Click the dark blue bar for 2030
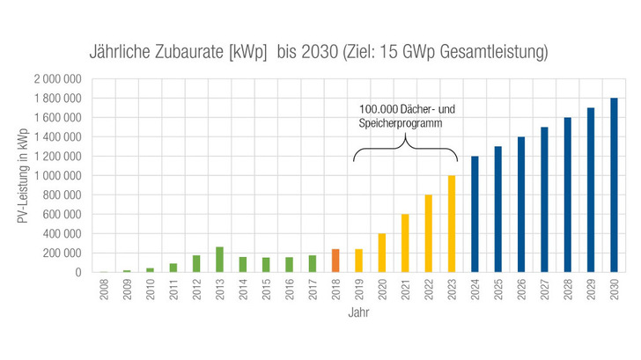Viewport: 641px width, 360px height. [614, 185]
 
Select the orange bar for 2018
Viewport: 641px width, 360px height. [335, 261]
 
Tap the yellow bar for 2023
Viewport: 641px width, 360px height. [452, 224]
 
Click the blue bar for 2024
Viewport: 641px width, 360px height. [475, 214]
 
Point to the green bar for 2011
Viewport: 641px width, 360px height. [173, 268]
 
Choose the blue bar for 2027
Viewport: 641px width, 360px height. [544, 200]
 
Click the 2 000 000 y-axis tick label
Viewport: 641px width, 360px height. [57, 79]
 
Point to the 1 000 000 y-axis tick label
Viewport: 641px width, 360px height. [57, 176]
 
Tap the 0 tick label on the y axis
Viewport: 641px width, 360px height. [77, 273]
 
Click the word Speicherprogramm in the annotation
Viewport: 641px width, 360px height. [398, 124]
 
